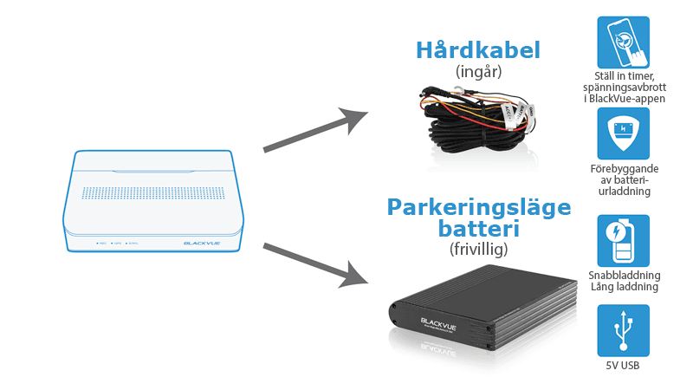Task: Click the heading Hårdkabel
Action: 478,49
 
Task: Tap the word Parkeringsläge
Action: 479,208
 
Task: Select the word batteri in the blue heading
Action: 479,230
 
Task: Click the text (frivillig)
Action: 479,250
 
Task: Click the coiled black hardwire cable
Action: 476,121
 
